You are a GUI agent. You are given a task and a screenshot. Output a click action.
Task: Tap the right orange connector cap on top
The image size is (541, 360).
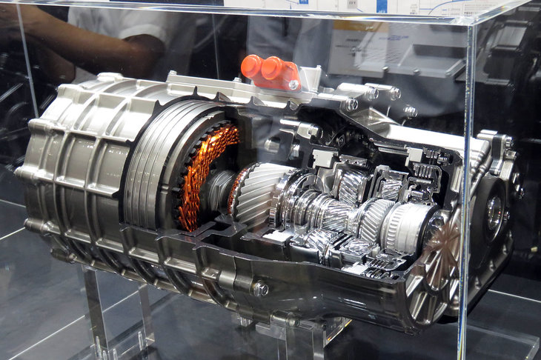(x=270, y=68)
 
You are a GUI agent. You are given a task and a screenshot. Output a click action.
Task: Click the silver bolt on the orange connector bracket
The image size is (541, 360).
(x=293, y=84)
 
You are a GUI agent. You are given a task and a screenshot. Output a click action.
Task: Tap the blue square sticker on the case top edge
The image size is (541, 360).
(x=382, y=6)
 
